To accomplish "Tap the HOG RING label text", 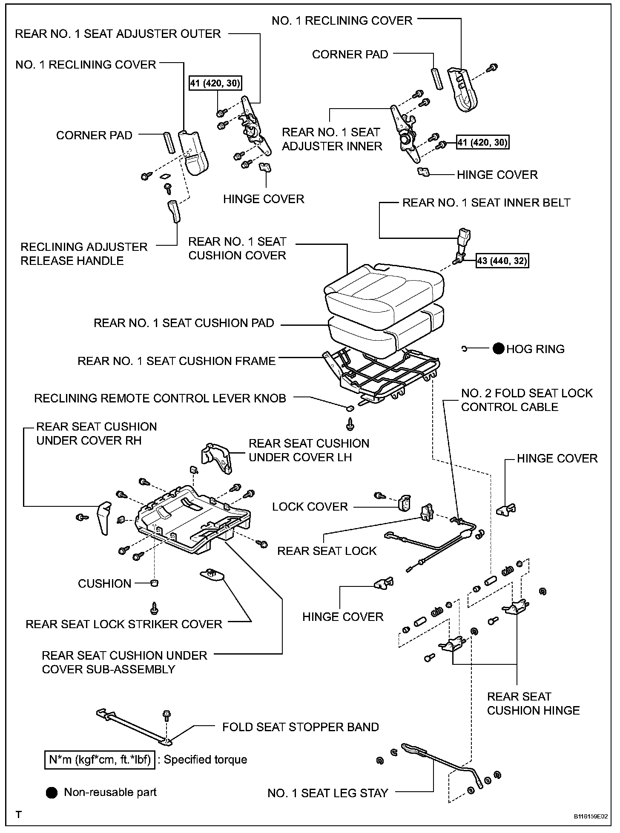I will click(x=535, y=349).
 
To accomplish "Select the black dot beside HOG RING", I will click(x=499, y=349).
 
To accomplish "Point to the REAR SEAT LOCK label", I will click(x=327, y=551).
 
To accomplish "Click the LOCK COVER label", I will click(x=310, y=507).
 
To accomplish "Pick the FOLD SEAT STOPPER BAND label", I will click(x=300, y=727).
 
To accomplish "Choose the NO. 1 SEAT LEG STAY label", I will click(x=327, y=793).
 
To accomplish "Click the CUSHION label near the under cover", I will click(x=104, y=583).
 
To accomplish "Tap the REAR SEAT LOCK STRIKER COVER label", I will click(x=124, y=624).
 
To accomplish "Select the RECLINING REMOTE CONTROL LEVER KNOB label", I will click(x=160, y=399).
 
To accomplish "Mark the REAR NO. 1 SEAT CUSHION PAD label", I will click(x=184, y=323).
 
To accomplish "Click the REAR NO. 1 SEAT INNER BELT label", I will click(x=486, y=203).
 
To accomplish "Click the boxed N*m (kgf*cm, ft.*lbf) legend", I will click(x=100, y=760).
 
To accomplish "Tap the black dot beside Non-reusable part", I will click(x=52, y=793).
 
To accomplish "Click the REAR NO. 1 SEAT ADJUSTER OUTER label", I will click(x=118, y=34).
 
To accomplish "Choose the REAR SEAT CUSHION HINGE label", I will click(x=533, y=704).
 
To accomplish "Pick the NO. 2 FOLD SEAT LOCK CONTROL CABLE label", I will click(x=526, y=400).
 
